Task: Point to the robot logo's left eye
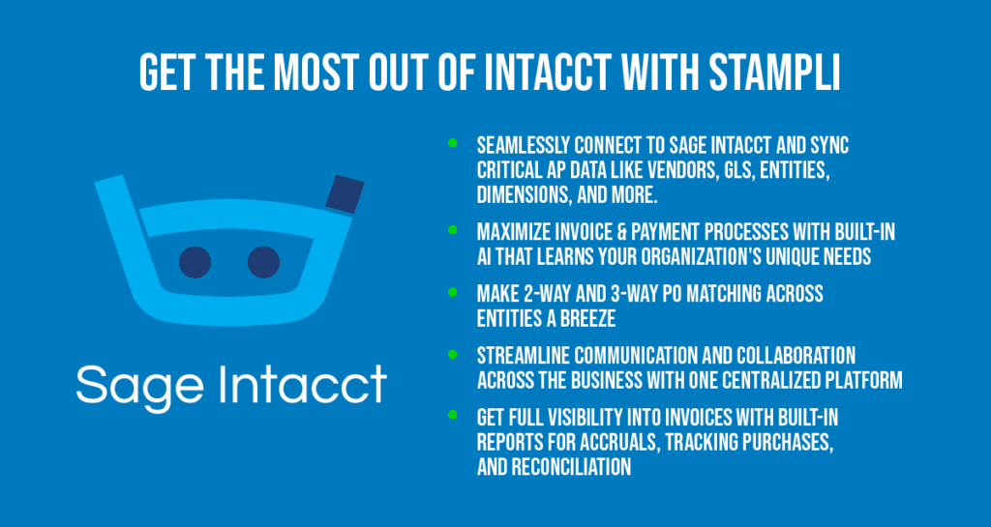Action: coord(195,261)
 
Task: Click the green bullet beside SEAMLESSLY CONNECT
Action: coord(452,143)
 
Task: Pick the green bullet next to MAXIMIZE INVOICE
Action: coord(452,230)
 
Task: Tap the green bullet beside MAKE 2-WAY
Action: coord(452,291)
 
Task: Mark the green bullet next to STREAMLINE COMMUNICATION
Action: coord(452,354)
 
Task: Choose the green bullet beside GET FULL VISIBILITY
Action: coord(452,415)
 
